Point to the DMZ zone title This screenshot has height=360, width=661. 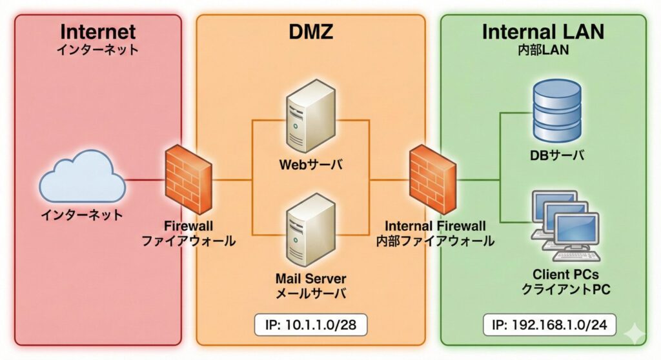pos(310,32)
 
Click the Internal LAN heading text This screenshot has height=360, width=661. pos(542,32)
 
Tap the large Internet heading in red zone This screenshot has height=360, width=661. pos(97,32)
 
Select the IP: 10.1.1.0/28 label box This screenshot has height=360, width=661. pos(310,325)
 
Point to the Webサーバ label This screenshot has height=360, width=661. pos(310,166)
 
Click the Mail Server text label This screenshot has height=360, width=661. pos(310,279)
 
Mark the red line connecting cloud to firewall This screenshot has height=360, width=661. pos(143,179)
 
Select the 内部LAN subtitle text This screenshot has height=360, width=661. pos(542,51)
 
